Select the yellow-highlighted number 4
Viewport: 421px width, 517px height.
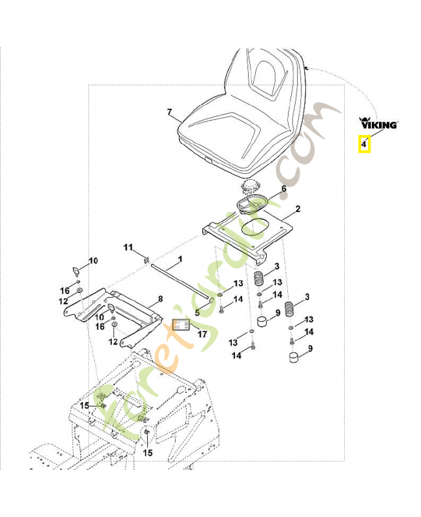pyautogui.click(x=364, y=144)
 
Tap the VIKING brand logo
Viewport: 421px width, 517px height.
pyautogui.click(x=378, y=122)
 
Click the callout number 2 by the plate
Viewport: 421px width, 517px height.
pyautogui.click(x=298, y=209)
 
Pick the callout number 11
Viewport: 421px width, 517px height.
pyautogui.click(x=128, y=248)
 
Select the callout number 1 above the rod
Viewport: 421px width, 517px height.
pyautogui.click(x=180, y=258)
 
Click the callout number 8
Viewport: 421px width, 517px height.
pyautogui.click(x=160, y=299)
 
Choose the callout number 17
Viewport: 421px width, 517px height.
pyautogui.click(x=202, y=335)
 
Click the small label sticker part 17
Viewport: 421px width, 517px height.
pyautogui.click(x=181, y=324)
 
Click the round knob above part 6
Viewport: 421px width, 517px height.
pyautogui.click(x=248, y=187)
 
